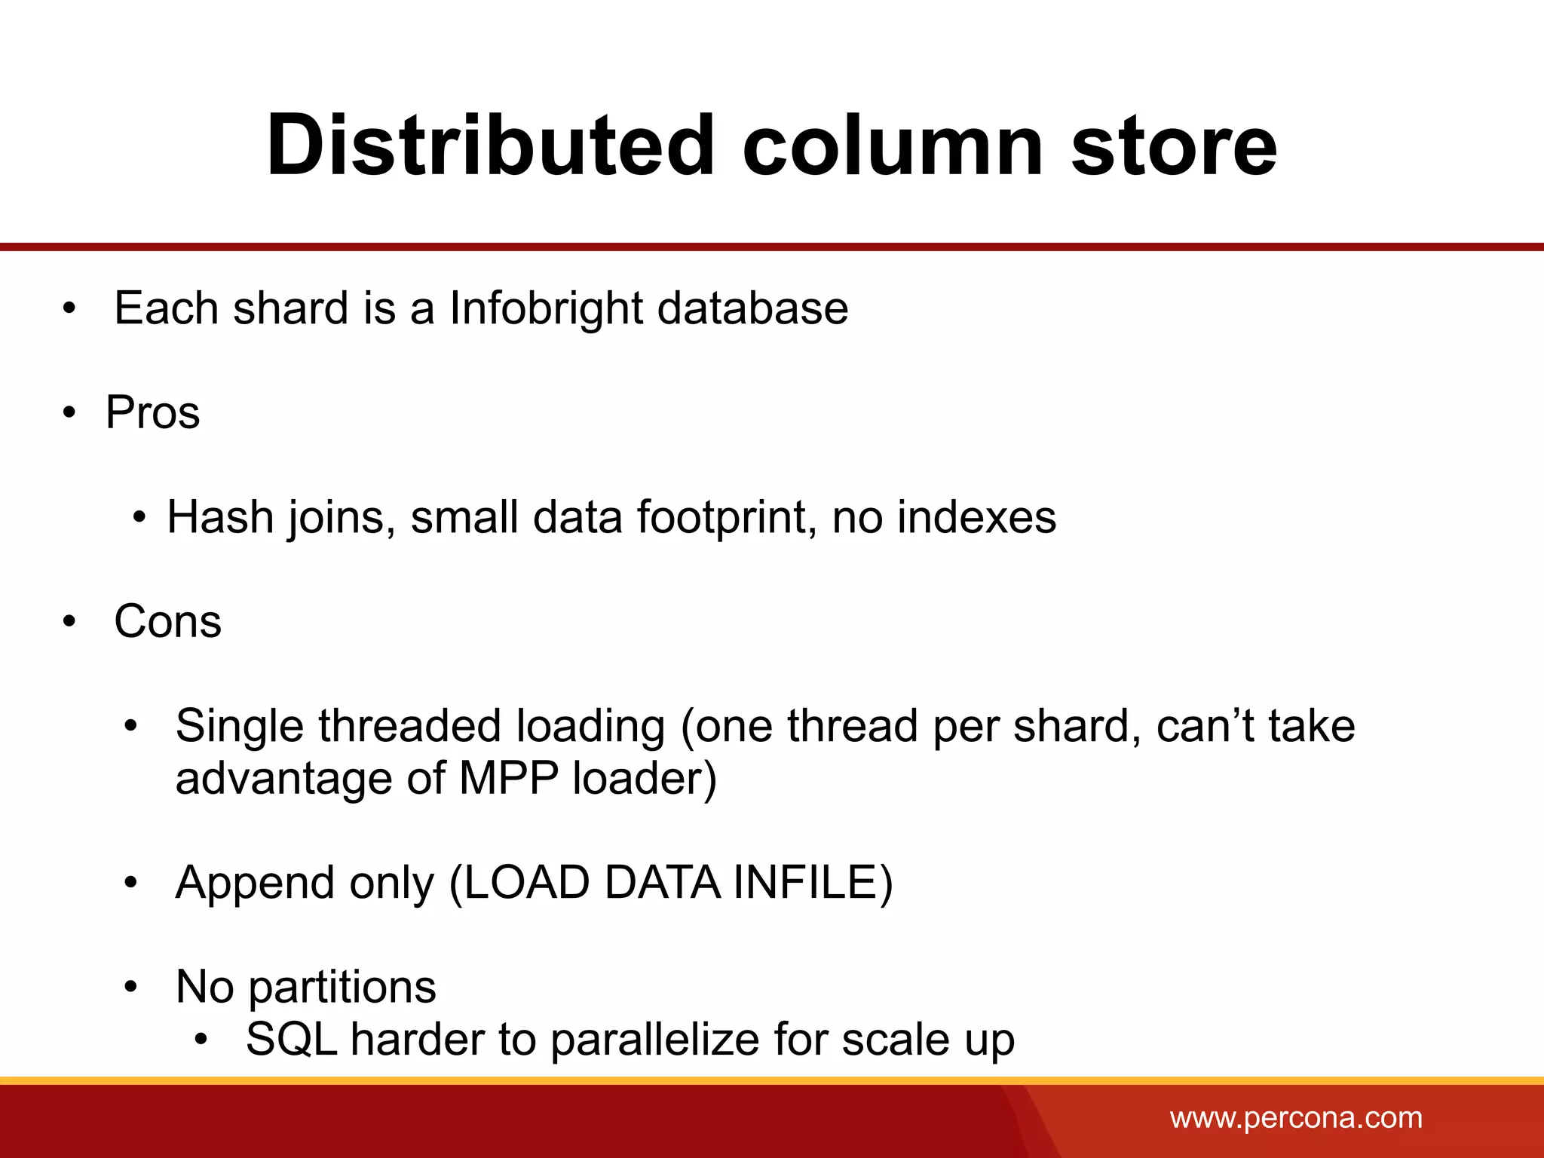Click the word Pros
(153, 412)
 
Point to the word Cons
(167, 621)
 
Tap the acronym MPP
(508, 778)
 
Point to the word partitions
(342, 987)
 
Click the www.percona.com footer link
(1296, 1117)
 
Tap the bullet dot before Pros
(70, 413)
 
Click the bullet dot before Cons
(70, 622)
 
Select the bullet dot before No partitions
(131, 987)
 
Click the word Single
(239, 726)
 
